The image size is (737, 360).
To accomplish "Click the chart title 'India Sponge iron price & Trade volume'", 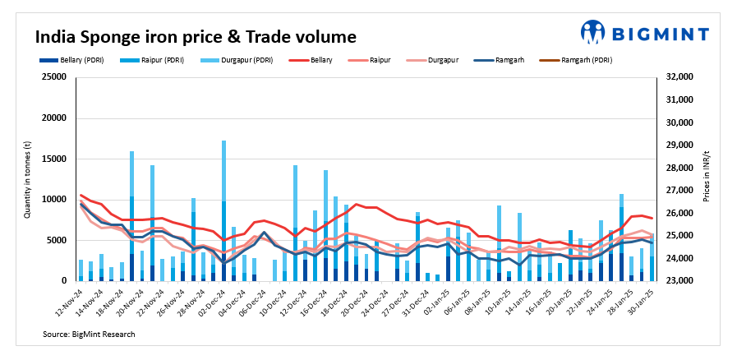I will pyautogui.click(x=195, y=37).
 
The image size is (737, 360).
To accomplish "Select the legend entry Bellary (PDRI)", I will pyautogui.click(x=72, y=60).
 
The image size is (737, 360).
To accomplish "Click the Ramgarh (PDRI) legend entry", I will pyautogui.click(x=582, y=60).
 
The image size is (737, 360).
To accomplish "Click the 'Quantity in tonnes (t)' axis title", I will pyautogui.click(x=28, y=179).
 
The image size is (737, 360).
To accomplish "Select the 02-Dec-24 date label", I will pyautogui.click(x=211, y=302).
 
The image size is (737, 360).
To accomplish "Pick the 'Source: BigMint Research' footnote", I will pyautogui.click(x=89, y=335).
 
